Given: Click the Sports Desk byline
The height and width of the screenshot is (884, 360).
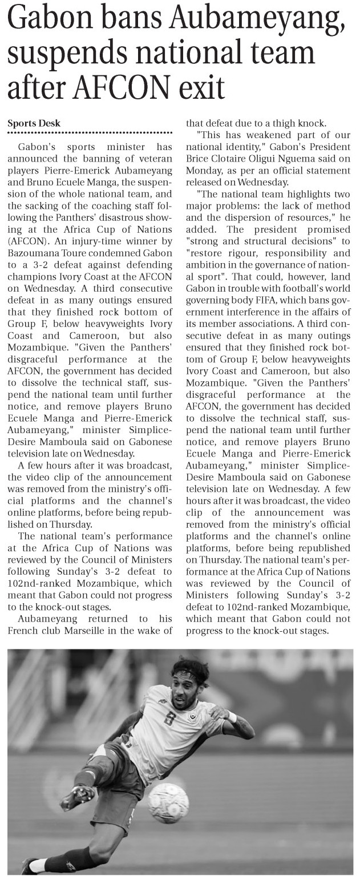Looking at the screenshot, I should pos(34,123).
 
